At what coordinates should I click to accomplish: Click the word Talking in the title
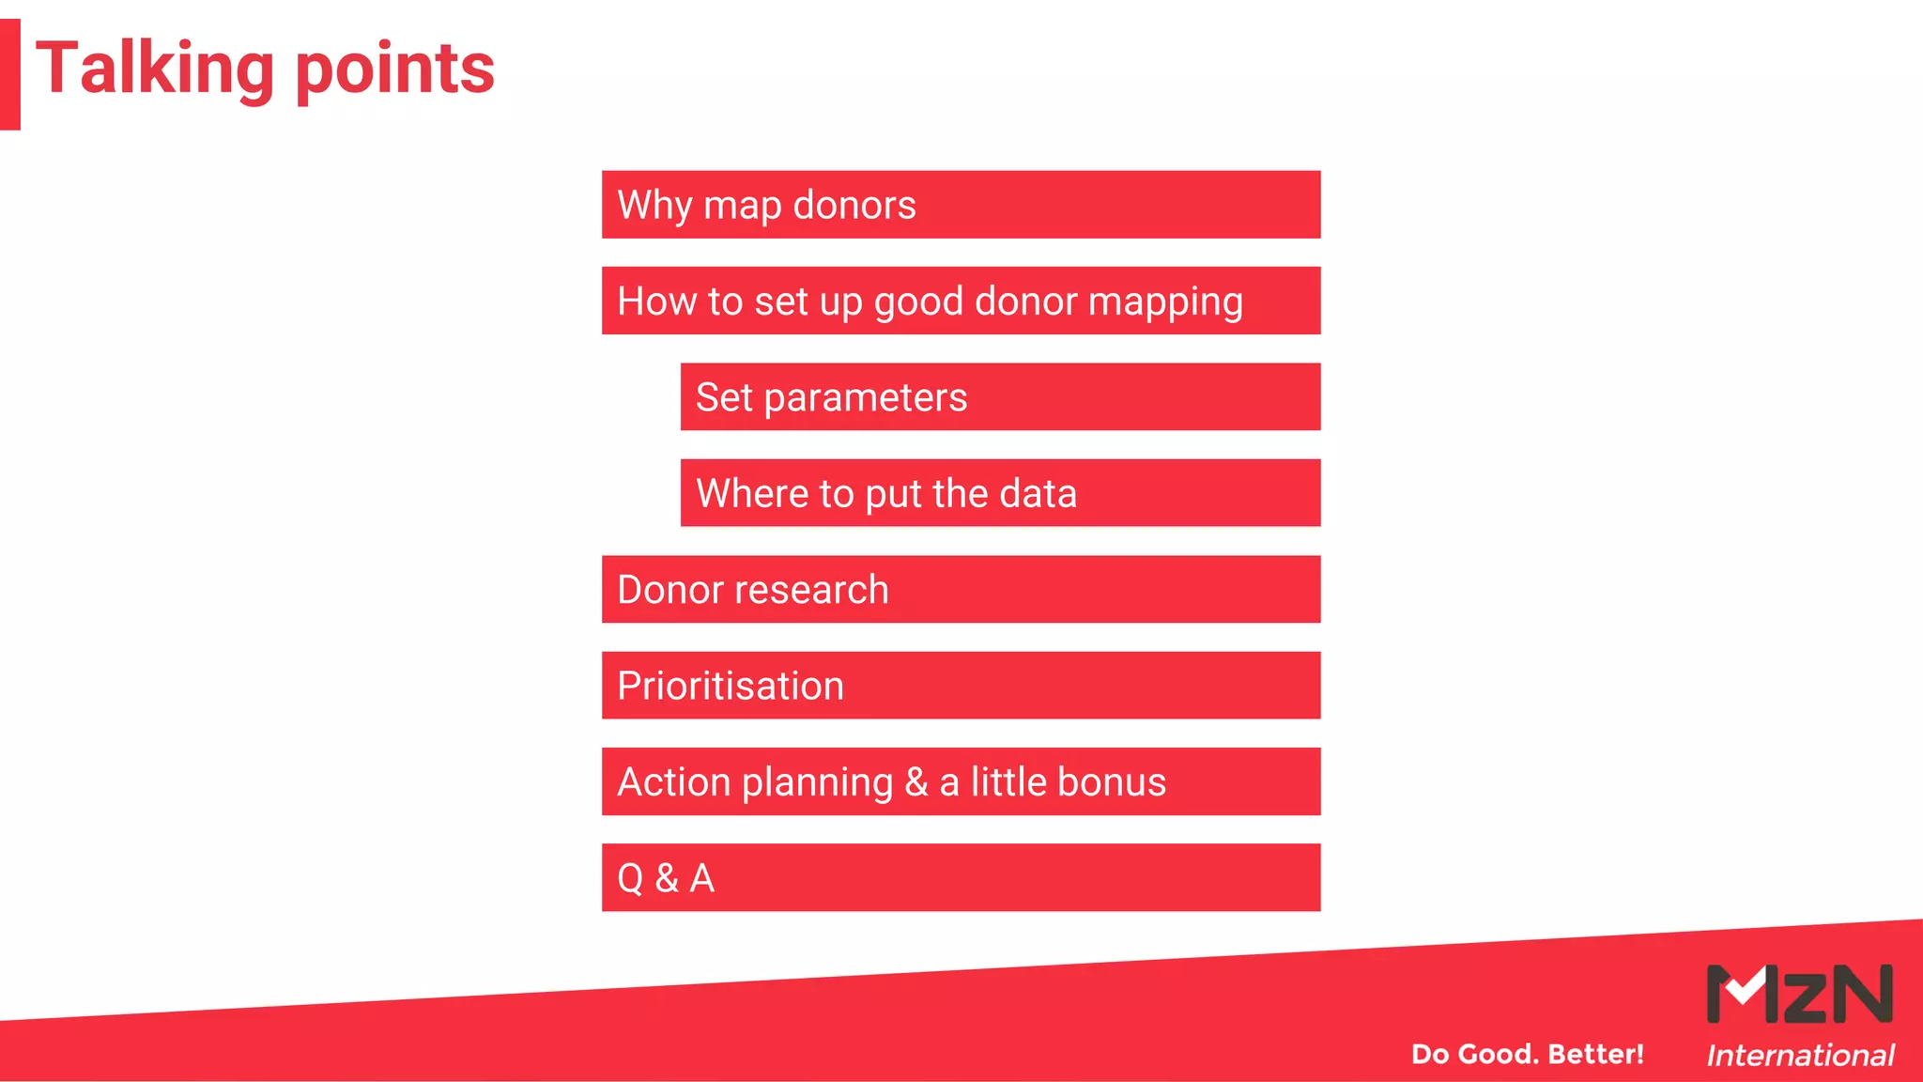[155, 70]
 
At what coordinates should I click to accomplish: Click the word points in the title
[395, 70]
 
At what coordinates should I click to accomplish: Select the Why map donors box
[961, 205]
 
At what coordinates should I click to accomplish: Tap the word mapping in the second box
[1165, 302]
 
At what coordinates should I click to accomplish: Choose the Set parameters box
[1000, 397]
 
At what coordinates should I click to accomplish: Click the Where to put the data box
[1000, 493]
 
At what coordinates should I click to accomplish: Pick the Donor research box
[961, 590]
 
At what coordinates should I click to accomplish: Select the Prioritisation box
[961, 686]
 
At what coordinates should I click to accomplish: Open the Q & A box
[961, 878]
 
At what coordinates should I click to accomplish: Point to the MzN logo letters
[1799, 994]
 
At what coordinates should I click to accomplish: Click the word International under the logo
[1800, 1056]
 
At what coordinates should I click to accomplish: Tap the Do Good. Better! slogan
[1527, 1054]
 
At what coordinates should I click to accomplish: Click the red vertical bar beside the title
[9, 74]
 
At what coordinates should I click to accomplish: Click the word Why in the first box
[654, 206]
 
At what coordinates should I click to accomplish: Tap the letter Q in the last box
[630, 879]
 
